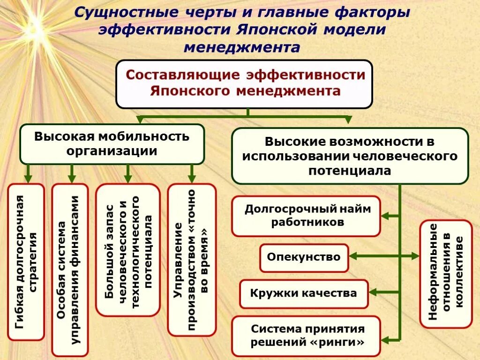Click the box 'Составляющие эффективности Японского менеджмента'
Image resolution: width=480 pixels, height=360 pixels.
(x=244, y=84)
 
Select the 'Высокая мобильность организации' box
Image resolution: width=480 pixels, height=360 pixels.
(x=112, y=144)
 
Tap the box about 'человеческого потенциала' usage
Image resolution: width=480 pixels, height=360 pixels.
(x=350, y=156)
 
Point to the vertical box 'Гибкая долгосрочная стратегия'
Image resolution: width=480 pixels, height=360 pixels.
(x=26, y=262)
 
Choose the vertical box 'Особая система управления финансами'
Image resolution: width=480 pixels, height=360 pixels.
(x=69, y=270)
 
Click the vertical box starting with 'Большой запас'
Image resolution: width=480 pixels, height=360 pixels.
(x=128, y=249)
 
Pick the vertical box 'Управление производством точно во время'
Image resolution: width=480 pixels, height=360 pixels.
(x=192, y=259)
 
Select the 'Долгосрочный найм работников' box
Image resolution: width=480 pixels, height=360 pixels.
(x=306, y=216)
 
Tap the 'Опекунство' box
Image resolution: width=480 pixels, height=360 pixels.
(x=304, y=257)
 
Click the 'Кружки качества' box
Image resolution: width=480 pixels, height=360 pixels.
(x=303, y=294)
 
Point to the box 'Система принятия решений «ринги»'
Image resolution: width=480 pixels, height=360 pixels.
(x=306, y=336)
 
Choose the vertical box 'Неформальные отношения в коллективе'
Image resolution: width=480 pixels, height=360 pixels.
(x=446, y=273)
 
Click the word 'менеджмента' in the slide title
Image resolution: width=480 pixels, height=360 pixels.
(x=242, y=47)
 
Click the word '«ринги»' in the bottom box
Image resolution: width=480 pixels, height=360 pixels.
(x=336, y=342)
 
